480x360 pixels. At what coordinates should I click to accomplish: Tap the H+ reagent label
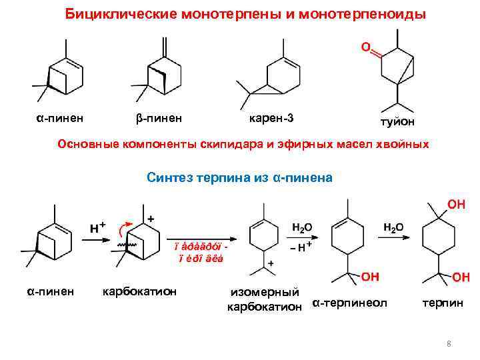click(97, 227)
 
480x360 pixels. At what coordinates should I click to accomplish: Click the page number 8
click(449, 344)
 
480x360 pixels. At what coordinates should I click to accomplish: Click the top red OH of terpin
click(457, 205)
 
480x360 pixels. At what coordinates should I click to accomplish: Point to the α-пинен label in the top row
click(59, 119)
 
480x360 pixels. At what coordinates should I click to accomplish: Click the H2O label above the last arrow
click(393, 227)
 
